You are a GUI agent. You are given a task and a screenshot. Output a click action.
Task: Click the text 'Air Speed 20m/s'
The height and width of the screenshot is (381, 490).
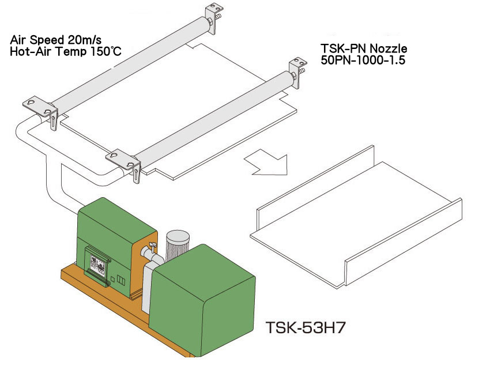point(56,40)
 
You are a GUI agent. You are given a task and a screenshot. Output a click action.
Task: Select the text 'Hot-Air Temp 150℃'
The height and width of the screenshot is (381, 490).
point(66,51)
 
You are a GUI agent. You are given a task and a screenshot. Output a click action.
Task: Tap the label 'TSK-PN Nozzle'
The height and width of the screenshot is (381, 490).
point(364,48)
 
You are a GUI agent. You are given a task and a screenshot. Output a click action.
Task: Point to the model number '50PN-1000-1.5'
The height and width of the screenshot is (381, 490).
point(363,60)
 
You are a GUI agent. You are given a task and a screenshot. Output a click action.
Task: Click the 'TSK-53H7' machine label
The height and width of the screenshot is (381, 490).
point(306,328)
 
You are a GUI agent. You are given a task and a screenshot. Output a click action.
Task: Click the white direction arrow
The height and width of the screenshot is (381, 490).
point(268,162)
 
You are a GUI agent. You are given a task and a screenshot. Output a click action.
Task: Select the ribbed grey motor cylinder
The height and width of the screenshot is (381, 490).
point(178,245)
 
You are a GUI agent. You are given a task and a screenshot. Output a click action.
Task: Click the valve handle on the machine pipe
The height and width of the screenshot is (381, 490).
point(153,245)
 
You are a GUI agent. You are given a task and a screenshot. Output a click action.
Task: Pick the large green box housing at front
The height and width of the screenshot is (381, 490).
point(202,301)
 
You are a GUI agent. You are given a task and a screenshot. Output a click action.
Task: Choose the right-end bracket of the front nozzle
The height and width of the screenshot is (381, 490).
point(297,72)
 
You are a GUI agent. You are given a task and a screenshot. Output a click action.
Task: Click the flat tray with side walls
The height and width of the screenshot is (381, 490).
point(356,216)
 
